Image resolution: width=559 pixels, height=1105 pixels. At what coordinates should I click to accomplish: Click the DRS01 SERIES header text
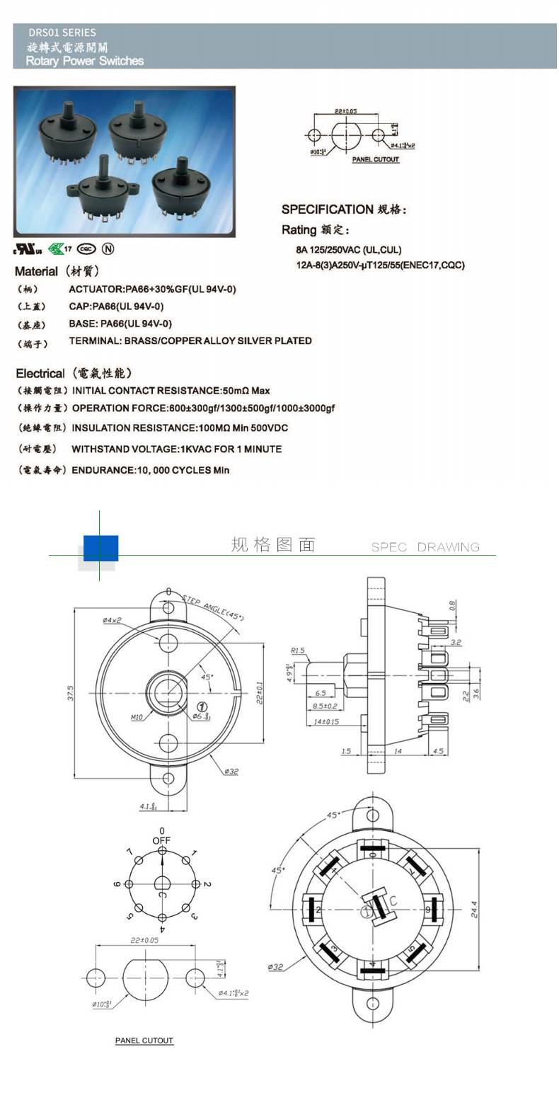[62, 33]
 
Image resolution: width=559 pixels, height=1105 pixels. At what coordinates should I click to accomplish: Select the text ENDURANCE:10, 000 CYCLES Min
[151, 470]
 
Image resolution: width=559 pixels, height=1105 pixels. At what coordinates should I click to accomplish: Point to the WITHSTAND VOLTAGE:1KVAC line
[176, 449]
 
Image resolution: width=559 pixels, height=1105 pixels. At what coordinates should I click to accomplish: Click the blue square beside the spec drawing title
[100, 548]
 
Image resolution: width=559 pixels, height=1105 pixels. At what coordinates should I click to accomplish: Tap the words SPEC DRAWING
[425, 547]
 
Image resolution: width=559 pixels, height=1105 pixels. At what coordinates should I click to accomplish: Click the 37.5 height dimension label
[71, 692]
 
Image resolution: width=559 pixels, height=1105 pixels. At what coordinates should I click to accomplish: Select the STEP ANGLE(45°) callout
[213, 607]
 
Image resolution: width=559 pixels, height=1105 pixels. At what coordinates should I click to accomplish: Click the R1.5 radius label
[297, 651]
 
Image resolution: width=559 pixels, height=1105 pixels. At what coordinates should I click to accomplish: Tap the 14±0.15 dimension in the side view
[326, 722]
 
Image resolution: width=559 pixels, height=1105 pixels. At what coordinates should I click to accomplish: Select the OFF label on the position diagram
[162, 840]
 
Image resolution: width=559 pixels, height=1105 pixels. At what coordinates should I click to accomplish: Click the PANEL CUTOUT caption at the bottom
[144, 1041]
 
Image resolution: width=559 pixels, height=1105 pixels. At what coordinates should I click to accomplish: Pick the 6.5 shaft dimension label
[321, 693]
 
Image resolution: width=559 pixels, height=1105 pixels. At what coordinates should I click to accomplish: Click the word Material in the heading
[36, 272]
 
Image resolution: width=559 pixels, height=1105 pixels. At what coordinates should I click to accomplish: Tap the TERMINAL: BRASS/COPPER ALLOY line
[190, 341]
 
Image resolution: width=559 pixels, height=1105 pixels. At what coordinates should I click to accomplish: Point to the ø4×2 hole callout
[112, 620]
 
